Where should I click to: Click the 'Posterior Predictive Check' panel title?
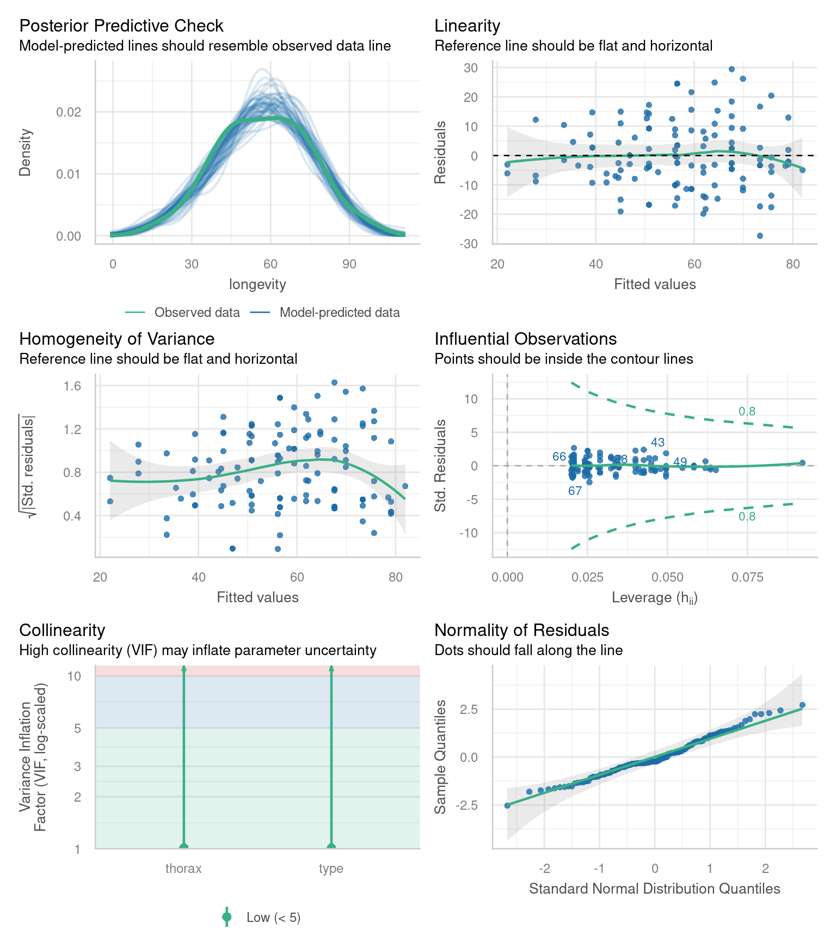tap(121, 26)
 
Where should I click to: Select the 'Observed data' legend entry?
tap(196, 313)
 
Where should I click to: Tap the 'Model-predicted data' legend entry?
tap(339, 313)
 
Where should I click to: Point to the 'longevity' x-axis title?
tap(257, 284)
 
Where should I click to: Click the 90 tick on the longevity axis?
tap(349, 264)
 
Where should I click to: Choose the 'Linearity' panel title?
tap(467, 26)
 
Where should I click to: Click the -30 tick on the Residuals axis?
tap(468, 243)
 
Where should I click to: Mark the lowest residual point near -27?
tap(760, 236)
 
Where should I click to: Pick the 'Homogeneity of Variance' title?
tap(116, 339)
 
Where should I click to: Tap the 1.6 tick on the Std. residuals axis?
tap(72, 386)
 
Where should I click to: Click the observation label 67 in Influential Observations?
tap(575, 491)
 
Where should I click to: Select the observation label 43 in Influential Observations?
tap(657, 443)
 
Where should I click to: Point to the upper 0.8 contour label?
tap(747, 412)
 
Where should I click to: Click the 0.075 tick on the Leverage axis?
tap(747, 577)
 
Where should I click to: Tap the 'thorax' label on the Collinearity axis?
tap(183, 869)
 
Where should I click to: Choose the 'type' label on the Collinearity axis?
tap(331, 869)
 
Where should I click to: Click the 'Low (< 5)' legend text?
tap(273, 918)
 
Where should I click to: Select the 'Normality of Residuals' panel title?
tap(521, 630)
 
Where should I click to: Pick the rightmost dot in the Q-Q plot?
tap(802, 705)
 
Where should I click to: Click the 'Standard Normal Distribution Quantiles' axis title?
tap(654, 889)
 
